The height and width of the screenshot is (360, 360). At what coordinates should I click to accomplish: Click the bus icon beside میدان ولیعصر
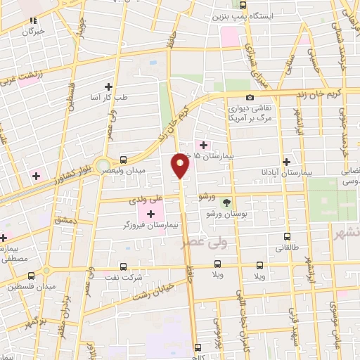[x=124, y=160]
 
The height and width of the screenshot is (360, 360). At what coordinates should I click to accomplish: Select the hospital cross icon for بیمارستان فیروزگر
[x=151, y=212]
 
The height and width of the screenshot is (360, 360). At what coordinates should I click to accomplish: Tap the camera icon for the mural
[x=250, y=98]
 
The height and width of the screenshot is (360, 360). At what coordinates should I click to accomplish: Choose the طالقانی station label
[x=287, y=247]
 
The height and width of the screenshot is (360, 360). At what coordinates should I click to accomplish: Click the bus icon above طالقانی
[x=287, y=237]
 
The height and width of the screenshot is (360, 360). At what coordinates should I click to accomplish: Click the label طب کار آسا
[x=108, y=98]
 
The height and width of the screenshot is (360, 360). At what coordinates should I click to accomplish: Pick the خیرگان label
[x=33, y=32]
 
